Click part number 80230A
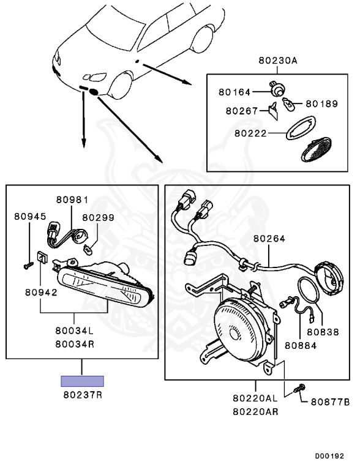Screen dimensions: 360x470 point(278,61)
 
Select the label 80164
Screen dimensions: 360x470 point(234,92)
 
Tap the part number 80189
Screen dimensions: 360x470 point(321,103)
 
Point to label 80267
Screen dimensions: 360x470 point(241,111)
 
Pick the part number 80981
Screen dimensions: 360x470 point(72,200)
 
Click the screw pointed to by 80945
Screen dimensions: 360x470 point(29,266)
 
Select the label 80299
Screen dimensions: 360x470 point(98,218)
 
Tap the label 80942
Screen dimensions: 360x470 point(41,293)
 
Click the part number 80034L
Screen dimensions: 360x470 point(75,330)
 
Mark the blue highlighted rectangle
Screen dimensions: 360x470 point(82,381)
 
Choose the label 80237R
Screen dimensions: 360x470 point(83,395)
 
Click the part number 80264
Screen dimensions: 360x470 point(269,239)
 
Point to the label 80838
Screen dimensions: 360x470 point(323,332)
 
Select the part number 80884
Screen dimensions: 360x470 point(301,346)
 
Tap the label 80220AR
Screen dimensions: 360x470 point(255,412)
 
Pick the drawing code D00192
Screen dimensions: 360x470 point(329,456)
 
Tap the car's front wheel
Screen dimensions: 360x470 point(121,85)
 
